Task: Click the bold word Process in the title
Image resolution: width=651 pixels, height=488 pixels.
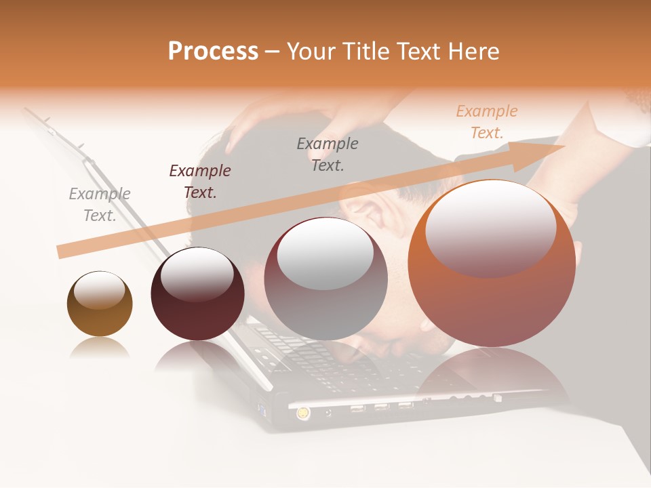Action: (213, 52)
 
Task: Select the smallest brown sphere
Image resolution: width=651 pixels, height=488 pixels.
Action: (100, 304)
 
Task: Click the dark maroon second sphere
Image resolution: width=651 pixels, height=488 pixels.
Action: (197, 294)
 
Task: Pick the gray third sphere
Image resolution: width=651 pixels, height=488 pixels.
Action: (325, 279)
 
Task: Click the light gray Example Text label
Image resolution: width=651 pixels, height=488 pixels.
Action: (100, 205)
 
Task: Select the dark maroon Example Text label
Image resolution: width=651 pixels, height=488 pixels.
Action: (200, 182)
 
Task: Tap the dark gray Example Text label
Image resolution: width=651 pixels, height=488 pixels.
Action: (328, 154)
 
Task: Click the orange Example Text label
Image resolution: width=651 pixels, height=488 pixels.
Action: (487, 122)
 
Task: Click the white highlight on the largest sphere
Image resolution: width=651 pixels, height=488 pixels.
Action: (490, 229)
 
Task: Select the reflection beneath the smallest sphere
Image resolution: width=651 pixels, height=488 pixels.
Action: (100, 348)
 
